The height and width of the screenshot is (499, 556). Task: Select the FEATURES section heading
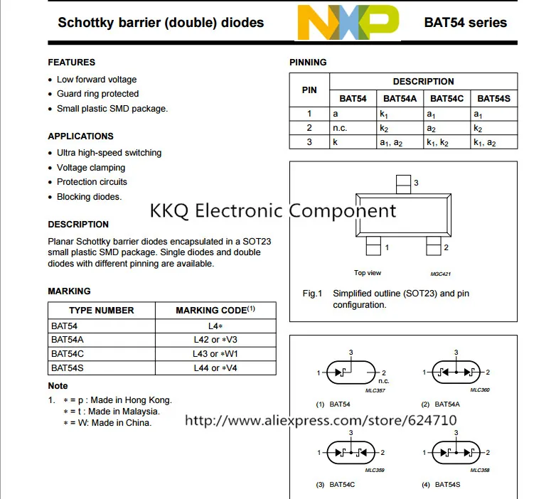pyautogui.click(x=71, y=63)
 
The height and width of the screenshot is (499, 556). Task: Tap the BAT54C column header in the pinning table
pyautogui.click(x=447, y=98)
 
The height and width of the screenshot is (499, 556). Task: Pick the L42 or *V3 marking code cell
pyautogui.click(x=215, y=340)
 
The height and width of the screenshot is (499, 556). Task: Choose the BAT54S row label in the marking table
pyautogui.click(x=68, y=368)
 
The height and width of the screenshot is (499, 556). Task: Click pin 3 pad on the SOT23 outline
pyautogui.click(x=403, y=183)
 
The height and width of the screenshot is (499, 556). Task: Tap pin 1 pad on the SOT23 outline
pyautogui.click(x=373, y=247)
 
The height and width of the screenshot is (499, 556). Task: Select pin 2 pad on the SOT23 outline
pyautogui.click(x=433, y=247)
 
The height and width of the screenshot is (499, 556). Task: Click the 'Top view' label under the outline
pyautogui.click(x=368, y=273)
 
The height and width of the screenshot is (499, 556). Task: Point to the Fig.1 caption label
pyautogui.click(x=313, y=294)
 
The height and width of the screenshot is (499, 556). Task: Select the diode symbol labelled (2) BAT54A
pyautogui.click(x=456, y=372)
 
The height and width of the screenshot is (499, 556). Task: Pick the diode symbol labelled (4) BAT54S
pyautogui.click(x=456, y=452)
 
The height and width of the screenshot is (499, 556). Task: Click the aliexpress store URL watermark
pyautogui.click(x=321, y=420)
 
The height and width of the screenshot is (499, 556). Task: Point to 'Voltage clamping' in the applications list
pyautogui.click(x=91, y=168)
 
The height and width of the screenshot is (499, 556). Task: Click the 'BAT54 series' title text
pyautogui.click(x=466, y=22)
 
